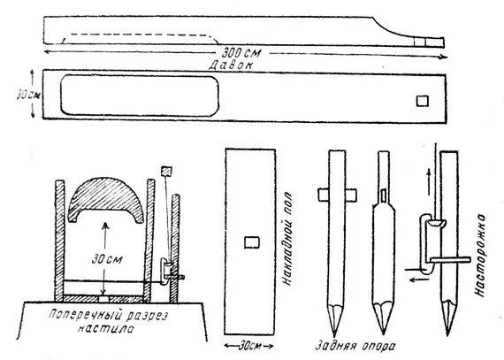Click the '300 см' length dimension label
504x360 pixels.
[x=241, y=52]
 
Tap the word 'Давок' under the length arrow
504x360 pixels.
[x=231, y=65]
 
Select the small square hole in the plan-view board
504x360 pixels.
[x=423, y=101]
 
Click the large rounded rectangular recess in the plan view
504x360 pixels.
[x=140, y=96]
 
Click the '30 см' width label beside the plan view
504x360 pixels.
[x=28, y=96]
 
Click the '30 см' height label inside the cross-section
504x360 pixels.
[x=107, y=259]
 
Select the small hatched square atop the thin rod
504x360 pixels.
[x=166, y=172]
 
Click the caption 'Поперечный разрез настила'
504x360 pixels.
[x=108, y=321]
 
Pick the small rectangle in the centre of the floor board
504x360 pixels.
[x=252, y=242]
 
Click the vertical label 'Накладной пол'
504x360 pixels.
[x=287, y=239]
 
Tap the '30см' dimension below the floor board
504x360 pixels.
[x=248, y=346]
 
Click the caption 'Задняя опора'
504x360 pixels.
[x=355, y=346]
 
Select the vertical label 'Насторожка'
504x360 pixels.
[x=480, y=256]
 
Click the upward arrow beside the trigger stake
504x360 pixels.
[x=429, y=181]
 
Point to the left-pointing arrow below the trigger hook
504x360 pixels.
[x=419, y=279]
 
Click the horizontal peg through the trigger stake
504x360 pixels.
[x=450, y=259]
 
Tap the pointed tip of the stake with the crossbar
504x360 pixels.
[x=334, y=336]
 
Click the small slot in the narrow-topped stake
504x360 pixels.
[x=384, y=195]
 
